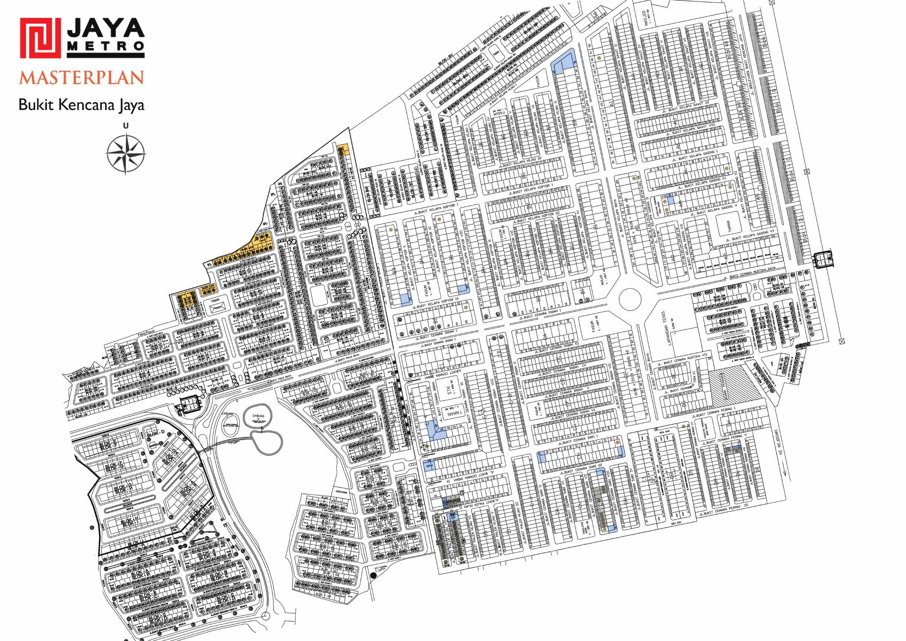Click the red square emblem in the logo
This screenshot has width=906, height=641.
pyautogui.click(x=40, y=38)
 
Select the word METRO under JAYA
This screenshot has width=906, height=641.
pyautogui.click(x=106, y=46)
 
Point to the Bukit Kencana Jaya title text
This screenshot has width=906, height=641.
pyautogui.click(x=81, y=105)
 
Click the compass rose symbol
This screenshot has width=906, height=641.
pyautogui.click(x=126, y=153)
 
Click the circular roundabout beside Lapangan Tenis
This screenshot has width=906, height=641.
pyautogui.click(x=629, y=299)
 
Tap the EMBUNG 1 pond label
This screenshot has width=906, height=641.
pyautogui.click(x=227, y=414)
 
